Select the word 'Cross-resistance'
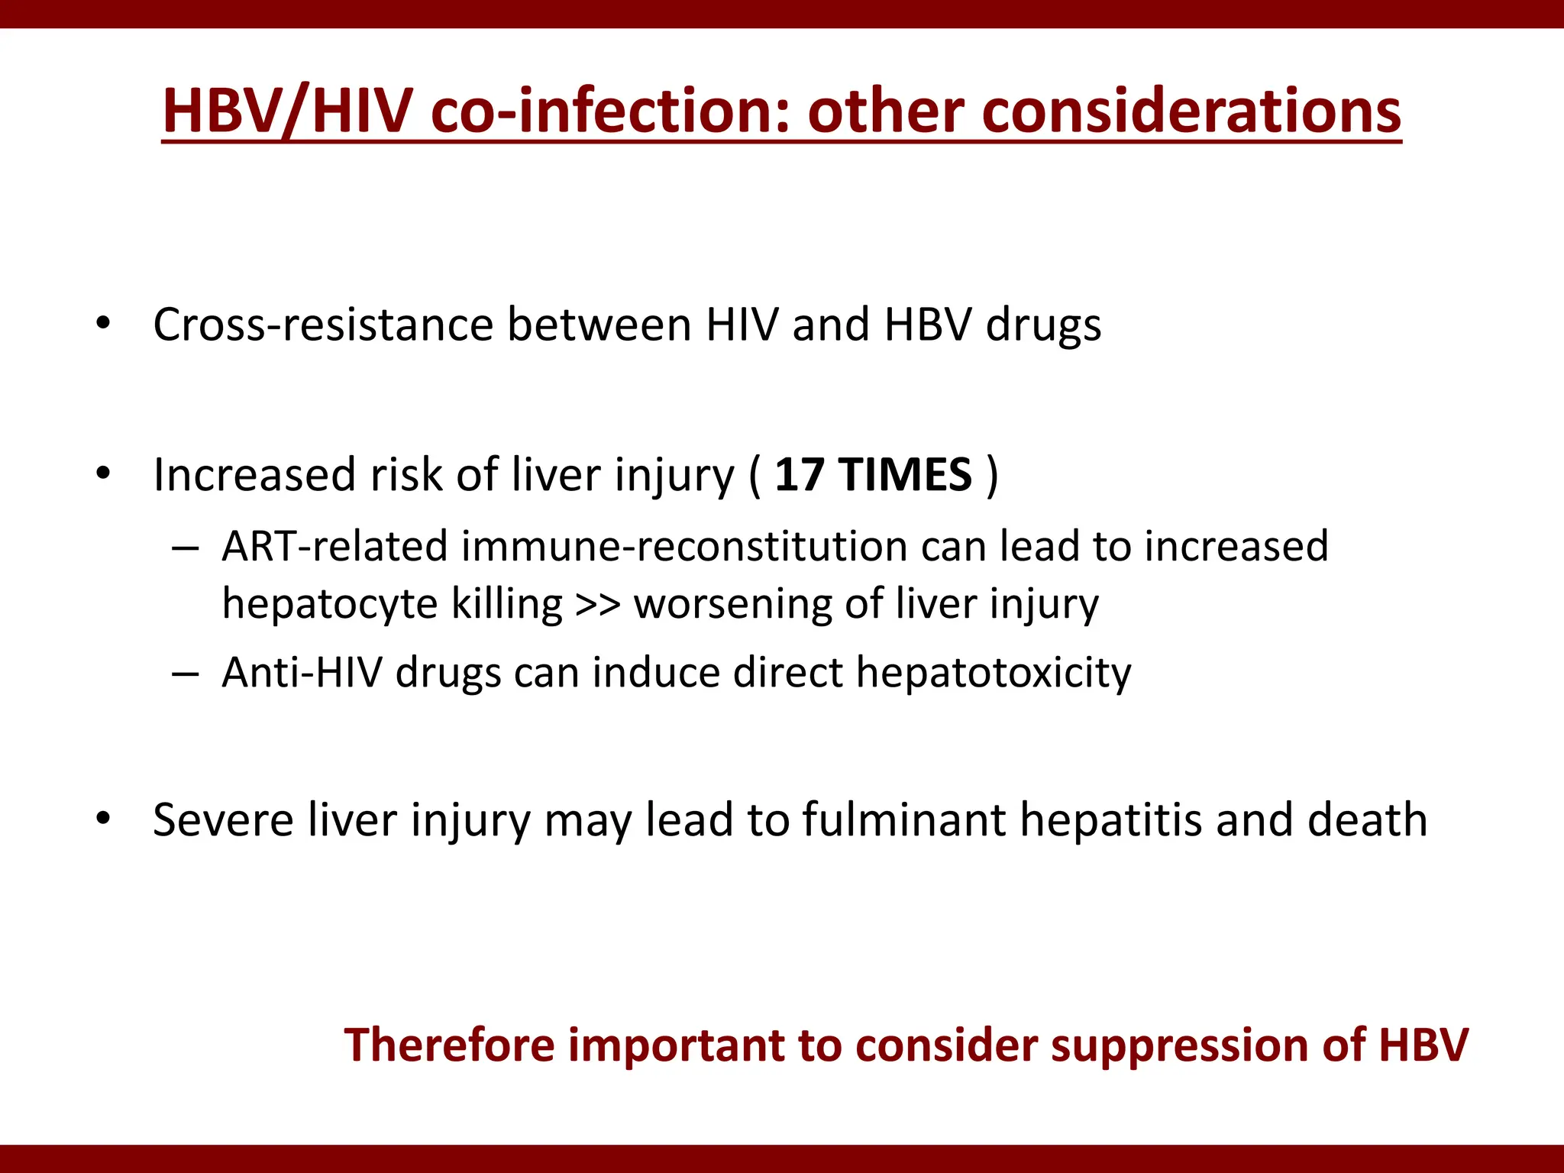click(323, 325)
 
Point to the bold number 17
click(799, 475)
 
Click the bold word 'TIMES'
click(906, 475)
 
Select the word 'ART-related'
click(334, 547)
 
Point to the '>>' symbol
click(598, 605)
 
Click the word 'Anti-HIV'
click(302, 673)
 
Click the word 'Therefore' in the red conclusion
click(449, 1045)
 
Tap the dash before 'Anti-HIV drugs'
click(186, 674)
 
